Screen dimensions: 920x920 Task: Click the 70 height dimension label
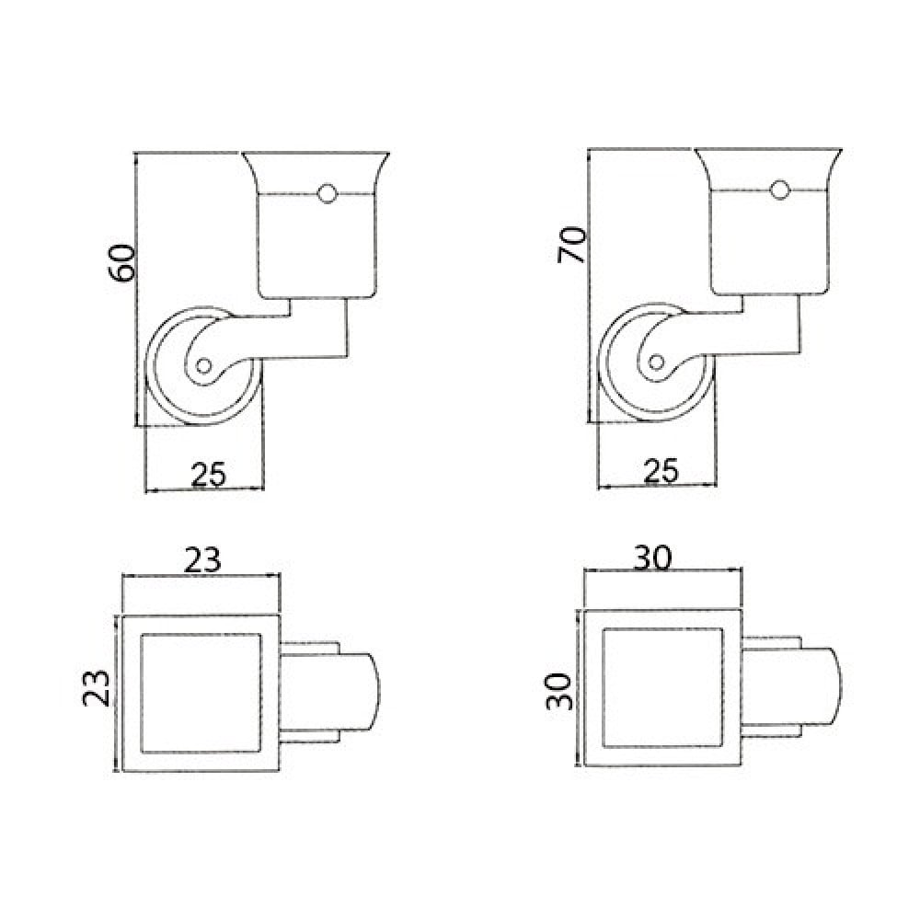tap(571, 245)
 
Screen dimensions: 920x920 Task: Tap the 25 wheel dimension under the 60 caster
tap(208, 475)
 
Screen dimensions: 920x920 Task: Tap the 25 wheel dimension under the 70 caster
tap(661, 470)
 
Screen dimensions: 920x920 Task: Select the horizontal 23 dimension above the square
tap(202, 559)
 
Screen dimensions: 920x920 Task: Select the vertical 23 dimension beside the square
tap(97, 687)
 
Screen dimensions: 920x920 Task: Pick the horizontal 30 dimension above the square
tap(652, 558)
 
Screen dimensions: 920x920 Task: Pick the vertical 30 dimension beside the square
tap(559, 691)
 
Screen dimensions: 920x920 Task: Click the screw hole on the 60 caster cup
tap(327, 193)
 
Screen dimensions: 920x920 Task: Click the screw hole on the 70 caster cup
tap(780, 190)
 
